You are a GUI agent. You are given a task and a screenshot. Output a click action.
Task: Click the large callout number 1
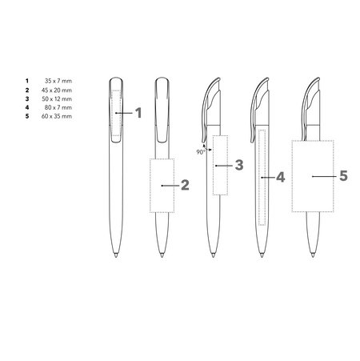138,113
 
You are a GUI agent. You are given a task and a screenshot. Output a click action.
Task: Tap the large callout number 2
185,185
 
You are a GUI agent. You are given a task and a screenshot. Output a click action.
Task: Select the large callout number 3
239,165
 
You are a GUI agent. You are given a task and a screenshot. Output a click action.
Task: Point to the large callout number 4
281,177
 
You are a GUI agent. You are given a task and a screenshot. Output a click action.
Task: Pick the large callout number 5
344,176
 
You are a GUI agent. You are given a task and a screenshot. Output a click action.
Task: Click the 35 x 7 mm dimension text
58,81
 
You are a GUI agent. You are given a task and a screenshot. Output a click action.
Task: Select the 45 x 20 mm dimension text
57,90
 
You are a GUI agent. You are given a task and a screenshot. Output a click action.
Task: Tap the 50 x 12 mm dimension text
57,99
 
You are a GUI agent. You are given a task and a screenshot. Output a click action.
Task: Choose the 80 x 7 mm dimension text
58,107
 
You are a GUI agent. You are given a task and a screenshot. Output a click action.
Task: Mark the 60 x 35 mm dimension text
57,116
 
